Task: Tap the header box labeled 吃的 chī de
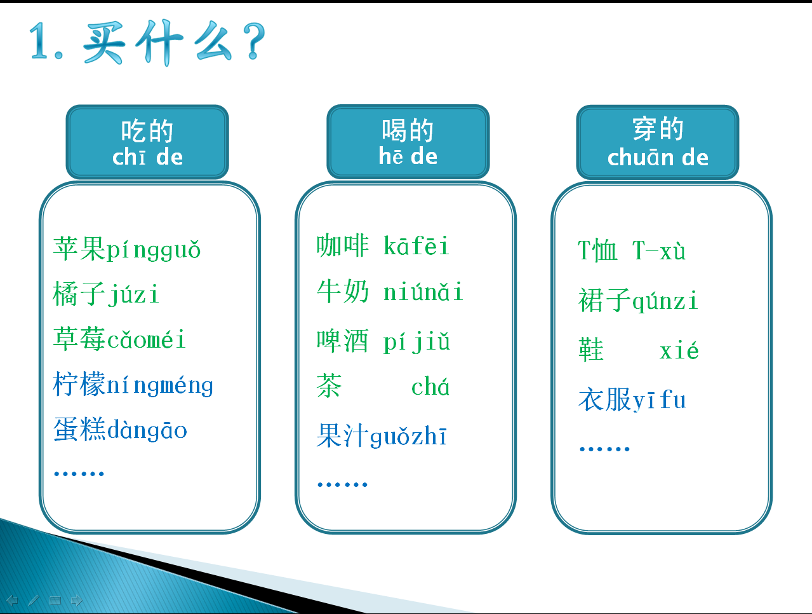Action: point(147,142)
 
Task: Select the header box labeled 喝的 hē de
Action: point(408,142)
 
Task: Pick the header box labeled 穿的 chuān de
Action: point(658,142)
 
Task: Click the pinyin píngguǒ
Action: point(154,250)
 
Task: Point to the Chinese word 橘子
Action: point(79,294)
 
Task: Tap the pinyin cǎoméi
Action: point(147,339)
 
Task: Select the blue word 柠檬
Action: point(79,384)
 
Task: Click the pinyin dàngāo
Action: point(147,430)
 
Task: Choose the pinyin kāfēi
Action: point(416,245)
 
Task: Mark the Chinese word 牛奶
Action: point(343,292)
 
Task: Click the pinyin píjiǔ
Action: point(416,342)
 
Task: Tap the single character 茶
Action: point(329,386)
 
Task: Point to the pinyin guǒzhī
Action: point(408,437)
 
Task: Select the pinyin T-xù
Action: point(659,250)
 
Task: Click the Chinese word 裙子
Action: point(605,301)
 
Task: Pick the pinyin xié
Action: point(679,350)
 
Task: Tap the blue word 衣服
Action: point(605,400)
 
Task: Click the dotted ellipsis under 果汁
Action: point(342,484)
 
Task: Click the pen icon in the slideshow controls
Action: point(34,600)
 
